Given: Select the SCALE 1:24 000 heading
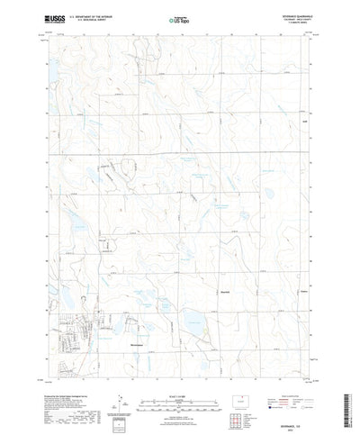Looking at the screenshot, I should tap(179, 370).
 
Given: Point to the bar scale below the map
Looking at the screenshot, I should tap(179, 379).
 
